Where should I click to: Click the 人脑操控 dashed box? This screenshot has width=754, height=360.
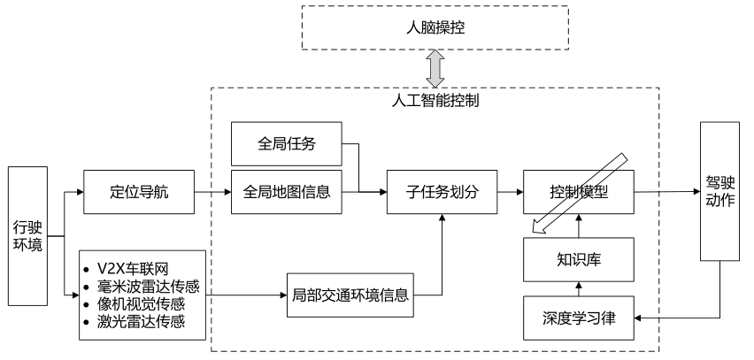(434, 27)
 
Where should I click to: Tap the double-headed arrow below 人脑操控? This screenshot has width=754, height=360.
(435, 67)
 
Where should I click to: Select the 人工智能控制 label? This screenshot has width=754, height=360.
(435, 101)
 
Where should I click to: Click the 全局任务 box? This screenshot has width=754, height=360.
(286, 142)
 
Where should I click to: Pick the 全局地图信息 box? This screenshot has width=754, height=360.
(286, 191)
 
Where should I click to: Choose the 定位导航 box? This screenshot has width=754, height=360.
(138, 191)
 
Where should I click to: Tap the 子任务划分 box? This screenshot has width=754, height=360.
(442, 191)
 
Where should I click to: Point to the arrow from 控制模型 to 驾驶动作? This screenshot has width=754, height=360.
(666, 191)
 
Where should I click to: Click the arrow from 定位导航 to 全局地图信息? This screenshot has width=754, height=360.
(213, 191)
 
